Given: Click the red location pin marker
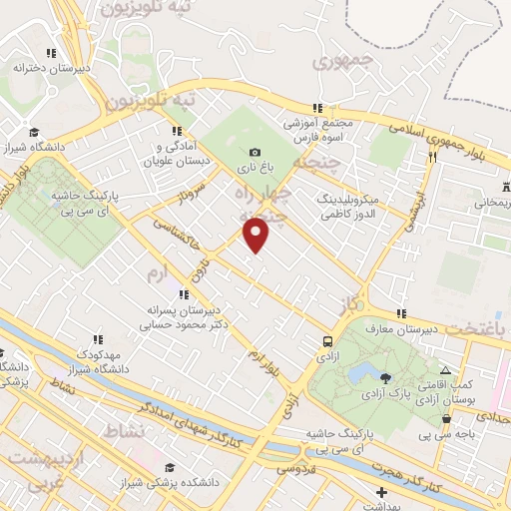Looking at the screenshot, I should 256,235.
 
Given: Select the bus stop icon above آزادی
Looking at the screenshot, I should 327,340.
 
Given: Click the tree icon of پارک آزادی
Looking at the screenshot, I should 386,376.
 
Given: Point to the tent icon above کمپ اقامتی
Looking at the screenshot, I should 445,371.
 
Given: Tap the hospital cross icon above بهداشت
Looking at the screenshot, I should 382,492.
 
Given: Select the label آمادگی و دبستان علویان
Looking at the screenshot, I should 177,153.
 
